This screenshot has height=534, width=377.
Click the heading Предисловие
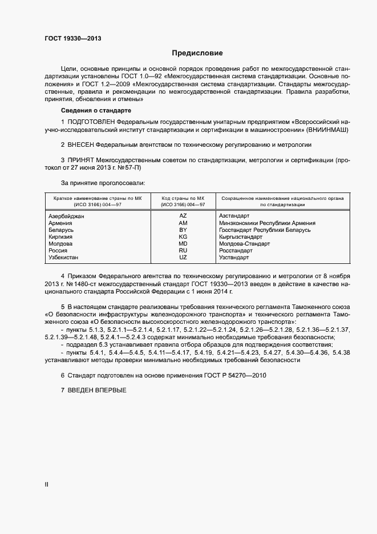[x=197, y=53]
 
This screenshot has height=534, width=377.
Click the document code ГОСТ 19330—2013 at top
[x=73, y=39]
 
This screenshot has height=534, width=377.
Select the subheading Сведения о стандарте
[x=96, y=110]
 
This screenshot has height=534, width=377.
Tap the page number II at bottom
[x=47, y=484]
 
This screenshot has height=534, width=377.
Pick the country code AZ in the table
[x=183, y=216]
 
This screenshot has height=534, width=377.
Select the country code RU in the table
[x=183, y=250]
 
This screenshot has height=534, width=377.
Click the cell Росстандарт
[x=236, y=250]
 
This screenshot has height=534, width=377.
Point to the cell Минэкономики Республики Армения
[x=267, y=223]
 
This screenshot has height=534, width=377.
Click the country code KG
[x=183, y=236]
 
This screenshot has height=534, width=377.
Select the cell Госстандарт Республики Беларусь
[x=265, y=230]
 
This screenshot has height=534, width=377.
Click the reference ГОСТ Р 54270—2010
[x=234, y=375]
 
